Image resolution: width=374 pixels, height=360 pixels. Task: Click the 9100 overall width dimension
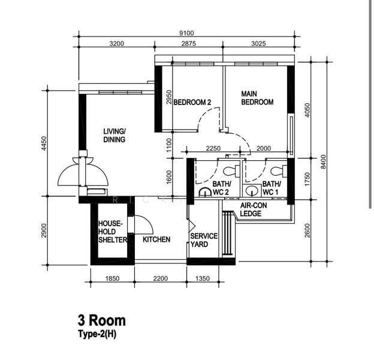click(186, 33)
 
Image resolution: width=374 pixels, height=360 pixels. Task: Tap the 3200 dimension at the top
click(117, 43)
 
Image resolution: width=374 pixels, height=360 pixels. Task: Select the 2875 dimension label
click(188, 43)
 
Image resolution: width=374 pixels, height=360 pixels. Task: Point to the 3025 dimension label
click(258, 43)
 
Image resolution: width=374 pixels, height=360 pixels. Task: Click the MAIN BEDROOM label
click(257, 98)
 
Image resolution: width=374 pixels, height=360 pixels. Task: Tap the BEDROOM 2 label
click(192, 103)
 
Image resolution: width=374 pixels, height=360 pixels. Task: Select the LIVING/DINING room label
click(114, 136)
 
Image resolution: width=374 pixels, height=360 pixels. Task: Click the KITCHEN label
click(156, 239)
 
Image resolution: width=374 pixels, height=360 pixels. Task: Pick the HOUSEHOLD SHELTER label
click(113, 232)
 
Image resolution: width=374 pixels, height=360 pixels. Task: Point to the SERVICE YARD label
click(204, 240)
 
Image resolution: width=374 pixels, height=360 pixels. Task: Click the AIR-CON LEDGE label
click(254, 209)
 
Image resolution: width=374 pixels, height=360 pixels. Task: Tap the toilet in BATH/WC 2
click(231, 171)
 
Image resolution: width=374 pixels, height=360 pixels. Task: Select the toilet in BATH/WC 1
click(279, 171)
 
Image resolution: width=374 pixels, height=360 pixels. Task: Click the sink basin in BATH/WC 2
click(205, 192)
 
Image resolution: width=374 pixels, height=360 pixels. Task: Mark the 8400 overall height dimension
click(323, 161)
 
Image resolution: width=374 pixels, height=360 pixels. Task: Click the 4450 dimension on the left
click(44, 143)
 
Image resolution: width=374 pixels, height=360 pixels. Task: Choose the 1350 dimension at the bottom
click(203, 278)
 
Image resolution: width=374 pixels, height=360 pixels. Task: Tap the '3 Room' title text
click(102, 320)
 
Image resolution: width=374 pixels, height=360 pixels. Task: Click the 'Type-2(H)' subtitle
click(97, 334)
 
